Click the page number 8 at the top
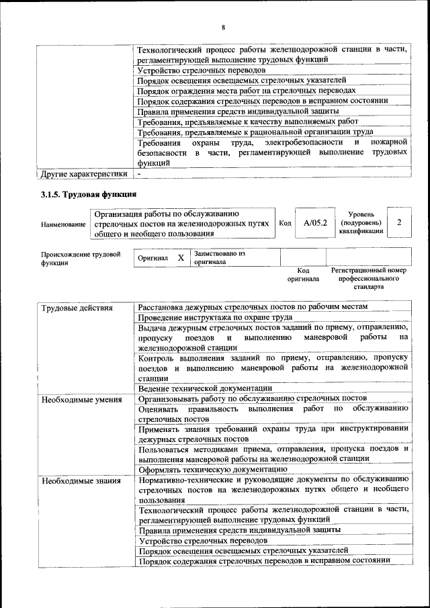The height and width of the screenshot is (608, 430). click(x=223, y=27)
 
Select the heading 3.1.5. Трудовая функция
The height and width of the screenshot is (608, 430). click(x=89, y=195)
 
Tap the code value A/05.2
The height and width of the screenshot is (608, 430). click(x=314, y=222)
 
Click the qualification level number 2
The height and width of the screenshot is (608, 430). click(x=399, y=222)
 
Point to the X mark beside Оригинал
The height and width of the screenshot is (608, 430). click(x=181, y=258)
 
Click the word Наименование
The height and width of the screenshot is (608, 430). click(x=63, y=224)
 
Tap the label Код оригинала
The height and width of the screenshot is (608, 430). click(x=303, y=274)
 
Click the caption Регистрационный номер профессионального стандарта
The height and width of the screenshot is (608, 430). click(x=369, y=278)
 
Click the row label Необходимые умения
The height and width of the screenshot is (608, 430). click(x=81, y=400)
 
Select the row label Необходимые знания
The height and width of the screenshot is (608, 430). click(x=81, y=481)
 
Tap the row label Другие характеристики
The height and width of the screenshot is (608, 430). click(x=84, y=174)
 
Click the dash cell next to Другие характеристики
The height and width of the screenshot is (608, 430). click(x=140, y=174)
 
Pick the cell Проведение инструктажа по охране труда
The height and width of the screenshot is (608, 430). click(x=215, y=317)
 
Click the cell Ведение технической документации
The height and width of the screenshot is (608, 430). click(x=205, y=388)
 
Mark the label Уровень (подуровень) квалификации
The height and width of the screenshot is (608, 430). click(x=361, y=222)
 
